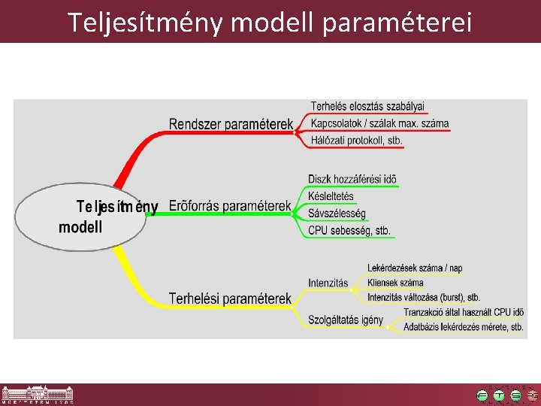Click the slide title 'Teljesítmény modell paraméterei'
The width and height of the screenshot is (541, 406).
coord(270,22)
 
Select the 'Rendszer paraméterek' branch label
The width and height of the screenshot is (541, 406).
coord(230,124)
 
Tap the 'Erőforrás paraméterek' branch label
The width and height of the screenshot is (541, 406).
coord(229,205)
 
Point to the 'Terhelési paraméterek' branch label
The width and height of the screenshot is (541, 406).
coord(229,298)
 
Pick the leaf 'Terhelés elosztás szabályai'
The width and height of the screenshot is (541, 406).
coord(367,106)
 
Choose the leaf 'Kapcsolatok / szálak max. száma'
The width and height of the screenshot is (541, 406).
coord(379,123)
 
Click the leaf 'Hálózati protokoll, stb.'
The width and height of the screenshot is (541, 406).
coord(357,141)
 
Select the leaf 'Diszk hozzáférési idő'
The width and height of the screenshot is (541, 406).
coord(352,180)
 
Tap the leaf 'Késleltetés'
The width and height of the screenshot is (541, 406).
coord(331,196)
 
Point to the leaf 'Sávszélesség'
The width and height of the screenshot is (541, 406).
coord(337,214)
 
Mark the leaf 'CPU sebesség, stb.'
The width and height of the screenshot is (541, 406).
coord(349,231)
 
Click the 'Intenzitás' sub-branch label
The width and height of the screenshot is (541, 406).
coord(328,283)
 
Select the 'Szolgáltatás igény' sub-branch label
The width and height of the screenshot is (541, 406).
coord(346,320)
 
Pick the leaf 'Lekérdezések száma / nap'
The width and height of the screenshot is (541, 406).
coord(415,268)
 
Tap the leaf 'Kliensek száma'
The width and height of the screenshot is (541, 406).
coord(395,283)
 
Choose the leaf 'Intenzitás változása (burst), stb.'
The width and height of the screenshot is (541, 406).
coord(424,298)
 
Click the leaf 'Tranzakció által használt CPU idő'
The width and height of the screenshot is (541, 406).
coord(464,312)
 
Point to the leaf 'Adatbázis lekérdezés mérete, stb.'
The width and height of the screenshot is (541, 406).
coord(463,327)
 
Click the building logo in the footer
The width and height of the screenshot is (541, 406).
coord(38,395)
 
